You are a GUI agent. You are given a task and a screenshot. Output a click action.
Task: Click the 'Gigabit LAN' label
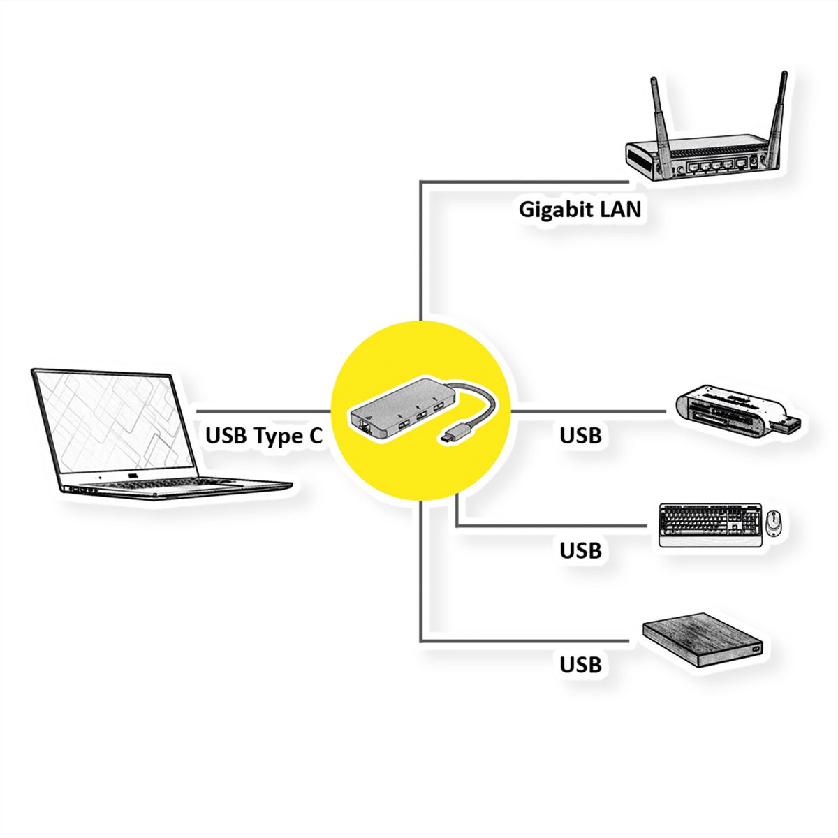pyautogui.click(x=580, y=209)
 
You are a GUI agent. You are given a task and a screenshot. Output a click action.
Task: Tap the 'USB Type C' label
pyautogui.click(x=264, y=436)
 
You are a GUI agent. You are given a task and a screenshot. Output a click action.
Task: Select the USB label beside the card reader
pyautogui.click(x=580, y=436)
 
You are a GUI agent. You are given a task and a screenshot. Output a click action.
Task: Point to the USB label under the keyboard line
pyautogui.click(x=580, y=550)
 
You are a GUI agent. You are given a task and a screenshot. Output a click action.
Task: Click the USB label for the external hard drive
pyautogui.click(x=580, y=664)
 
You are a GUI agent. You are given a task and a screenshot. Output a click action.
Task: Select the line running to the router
pyautogui.click(x=421, y=244)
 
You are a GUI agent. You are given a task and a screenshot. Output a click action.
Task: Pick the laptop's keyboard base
pyautogui.click(x=175, y=487)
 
